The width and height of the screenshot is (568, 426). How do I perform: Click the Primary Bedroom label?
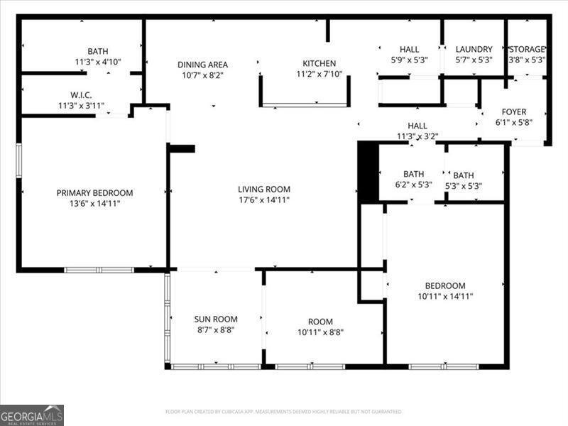point(94,192)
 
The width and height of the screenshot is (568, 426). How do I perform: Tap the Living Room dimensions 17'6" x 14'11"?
point(264,200)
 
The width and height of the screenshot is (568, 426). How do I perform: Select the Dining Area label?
point(202,65)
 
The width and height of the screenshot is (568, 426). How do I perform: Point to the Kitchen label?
point(319,63)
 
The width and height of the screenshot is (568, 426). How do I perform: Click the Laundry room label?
point(474,49)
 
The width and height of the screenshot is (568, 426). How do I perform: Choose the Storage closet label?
point(527,49)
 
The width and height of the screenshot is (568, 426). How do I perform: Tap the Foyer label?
point(513,111)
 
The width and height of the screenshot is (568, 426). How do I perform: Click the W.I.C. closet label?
point(81,95)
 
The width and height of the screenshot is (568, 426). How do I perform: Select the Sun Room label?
point(216,319)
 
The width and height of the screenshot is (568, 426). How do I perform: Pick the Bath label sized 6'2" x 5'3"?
point(413,173)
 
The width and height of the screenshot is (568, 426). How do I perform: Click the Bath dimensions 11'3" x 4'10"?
point(98,62)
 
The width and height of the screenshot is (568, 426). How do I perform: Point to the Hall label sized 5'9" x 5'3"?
point(409,49)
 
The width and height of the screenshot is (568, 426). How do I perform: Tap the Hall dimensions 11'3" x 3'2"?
point(417,136)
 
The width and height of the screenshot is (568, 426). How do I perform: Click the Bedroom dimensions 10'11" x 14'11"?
point(445,297)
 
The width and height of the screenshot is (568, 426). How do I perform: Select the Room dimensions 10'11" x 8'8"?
point(315,332)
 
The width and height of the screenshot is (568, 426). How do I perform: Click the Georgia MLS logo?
point(32,415)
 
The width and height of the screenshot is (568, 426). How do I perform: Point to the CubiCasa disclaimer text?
point(284,412)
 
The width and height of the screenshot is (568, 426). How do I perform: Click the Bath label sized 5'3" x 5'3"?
point(464,175)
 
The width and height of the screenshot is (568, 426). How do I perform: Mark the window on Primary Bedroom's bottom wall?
point(99,270)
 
